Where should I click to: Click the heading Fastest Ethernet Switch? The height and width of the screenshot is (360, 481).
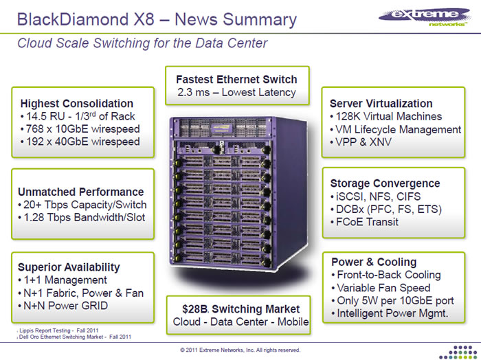click(x=236, y=79)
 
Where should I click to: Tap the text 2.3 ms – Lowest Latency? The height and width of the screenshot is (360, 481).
click(x=236, y=92)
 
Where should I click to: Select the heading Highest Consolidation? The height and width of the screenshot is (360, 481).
click(x=77, y=103)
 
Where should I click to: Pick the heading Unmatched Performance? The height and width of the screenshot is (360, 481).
click(x=80, y=192)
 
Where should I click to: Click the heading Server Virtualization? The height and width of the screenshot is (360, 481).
click(x=381, y=103)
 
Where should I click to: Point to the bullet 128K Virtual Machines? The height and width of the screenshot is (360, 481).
click(x=386, y=116)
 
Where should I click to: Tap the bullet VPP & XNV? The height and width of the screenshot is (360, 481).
click(x=363, y=142)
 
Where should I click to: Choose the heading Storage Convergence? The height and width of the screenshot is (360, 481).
click(x=385, y=183)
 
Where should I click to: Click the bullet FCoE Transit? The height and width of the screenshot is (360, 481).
click(x=367, y=222)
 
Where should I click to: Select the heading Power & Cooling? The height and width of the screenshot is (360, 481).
click(x=374, y=262)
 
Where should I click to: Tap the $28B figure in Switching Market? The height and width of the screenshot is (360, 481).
click(x=186, y=308)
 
